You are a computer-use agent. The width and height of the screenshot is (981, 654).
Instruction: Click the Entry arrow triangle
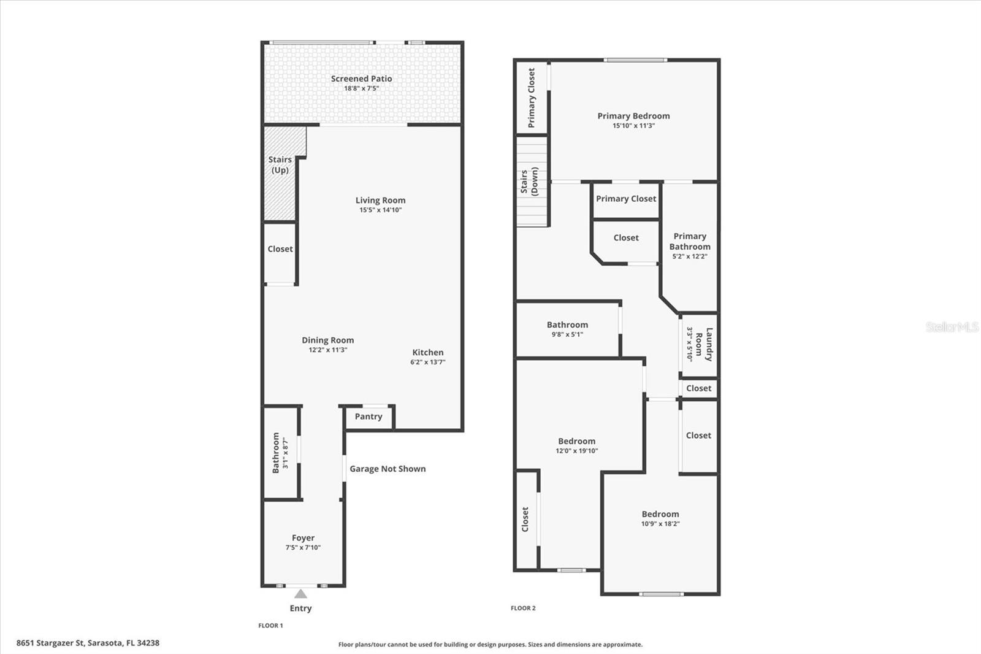pyautogui.click(x=300, y=594)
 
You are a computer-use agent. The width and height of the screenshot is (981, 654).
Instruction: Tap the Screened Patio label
pyautogui.click(x=361, y=79)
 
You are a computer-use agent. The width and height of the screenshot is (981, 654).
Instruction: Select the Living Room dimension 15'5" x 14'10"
pyautogui.click(x=380, y=210)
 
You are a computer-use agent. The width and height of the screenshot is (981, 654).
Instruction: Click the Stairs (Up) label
pyautogui.click(x=280, y=164)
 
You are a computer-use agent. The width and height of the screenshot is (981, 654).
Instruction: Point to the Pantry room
pyautogui.click(x=368, y=417)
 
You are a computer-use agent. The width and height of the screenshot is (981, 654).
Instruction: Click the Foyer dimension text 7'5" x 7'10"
pyautogui.click(x=303, y=548)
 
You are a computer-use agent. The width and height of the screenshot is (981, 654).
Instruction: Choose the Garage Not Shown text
pyautogui.click(x=387, y=469)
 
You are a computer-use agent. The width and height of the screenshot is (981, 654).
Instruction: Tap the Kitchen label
pyautogui.click(x=427, y=352)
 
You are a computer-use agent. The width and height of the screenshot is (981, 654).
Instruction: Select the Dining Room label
pyautogui.click(x=327, y=340)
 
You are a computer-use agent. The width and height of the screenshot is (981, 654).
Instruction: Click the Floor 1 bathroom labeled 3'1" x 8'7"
pyautogui.click(x=280, y=453)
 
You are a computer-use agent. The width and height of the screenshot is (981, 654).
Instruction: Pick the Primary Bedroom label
pyautogui.click(x=633, y=116)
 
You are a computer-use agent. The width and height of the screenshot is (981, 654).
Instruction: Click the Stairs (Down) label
pyautogui.click(x=529, y=182)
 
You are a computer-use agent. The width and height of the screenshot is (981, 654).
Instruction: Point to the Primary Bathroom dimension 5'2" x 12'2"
pyautogui.click(x=689, y=256)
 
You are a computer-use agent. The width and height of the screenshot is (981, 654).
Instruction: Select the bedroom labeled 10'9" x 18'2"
pyautogui.click(x=660, y=519)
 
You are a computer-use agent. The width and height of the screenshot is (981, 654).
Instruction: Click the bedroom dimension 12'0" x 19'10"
pyautogui.click(x=576, y=451)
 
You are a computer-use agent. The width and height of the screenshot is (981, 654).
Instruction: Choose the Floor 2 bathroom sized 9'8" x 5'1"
pyautogui.click(x=567, y=329)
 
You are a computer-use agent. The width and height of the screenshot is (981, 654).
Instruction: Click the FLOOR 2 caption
pyautogui.click(x=523, y=608)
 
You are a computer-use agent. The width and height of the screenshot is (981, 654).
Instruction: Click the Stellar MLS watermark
pyautogui.click(x=952, y=327)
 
